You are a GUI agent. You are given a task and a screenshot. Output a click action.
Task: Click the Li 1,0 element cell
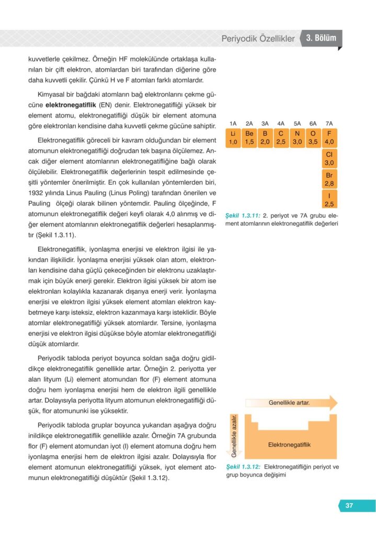click(x=233, y=138)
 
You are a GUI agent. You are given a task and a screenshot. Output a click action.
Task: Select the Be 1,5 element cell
click(x=249, y=138)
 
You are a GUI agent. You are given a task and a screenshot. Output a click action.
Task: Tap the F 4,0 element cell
click(x=329, y=138)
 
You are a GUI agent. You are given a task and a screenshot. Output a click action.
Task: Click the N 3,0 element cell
click(x=297, y=138)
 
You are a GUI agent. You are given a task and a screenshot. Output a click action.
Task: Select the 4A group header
click(x=281, y=124)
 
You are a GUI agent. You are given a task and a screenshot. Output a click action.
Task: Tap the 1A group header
click(x=233, y=124)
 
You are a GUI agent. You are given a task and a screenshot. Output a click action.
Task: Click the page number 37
click(x=349, y=505)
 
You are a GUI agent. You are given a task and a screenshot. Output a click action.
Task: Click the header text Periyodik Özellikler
click(x=258, y=39)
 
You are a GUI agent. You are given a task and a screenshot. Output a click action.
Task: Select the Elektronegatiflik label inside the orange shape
click(x=289, y=445)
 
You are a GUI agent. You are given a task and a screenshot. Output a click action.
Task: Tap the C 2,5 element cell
click(x=281, y=138)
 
